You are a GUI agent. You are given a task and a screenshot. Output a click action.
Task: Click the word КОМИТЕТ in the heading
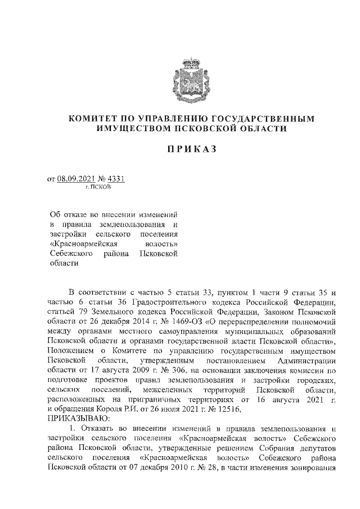click(x=94, y=119)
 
